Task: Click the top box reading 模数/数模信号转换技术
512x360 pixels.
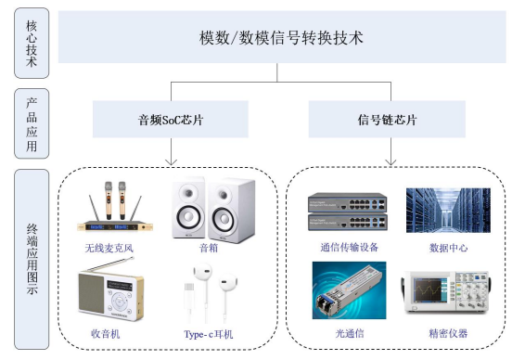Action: tap(282, 37)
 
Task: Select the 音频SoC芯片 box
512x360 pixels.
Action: tap(171, 120)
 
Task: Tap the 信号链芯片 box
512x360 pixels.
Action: tap(387, 120)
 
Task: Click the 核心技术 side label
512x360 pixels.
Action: tap(32, 43)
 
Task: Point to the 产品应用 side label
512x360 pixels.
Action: tap(32, 123)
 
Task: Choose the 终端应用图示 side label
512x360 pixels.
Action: tap(32, 260)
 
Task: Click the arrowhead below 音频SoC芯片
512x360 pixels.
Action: tap(171, 162)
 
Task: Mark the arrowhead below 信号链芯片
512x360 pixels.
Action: tap(390, 162)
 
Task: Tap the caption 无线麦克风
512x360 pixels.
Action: tap(109, 249)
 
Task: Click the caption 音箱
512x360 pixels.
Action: tap(209, 249)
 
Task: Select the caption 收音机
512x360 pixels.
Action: tap(105, 334)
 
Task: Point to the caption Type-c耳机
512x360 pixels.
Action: tap(209, 334)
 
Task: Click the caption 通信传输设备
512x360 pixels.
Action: tap(349, 248)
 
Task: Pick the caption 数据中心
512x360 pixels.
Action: tap(448, 248)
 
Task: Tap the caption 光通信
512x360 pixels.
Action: tap(350, 333)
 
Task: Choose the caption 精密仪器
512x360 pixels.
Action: tap(448, 333)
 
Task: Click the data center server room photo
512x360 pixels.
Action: tap(448, 211)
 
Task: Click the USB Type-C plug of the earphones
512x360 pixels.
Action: tap(189, 293)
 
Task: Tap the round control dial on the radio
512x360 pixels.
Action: tap(119, 301)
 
